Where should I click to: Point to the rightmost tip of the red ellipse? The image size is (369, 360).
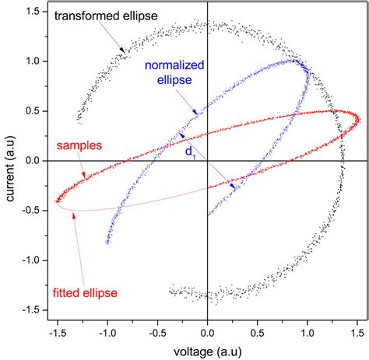point(360,118)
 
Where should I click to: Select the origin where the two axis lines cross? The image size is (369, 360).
point(208,161)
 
